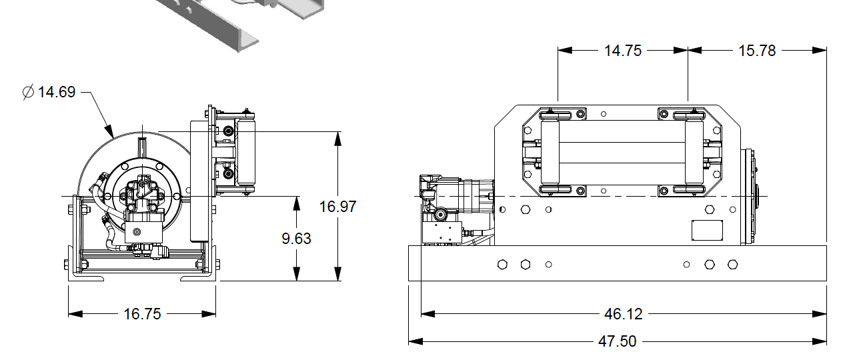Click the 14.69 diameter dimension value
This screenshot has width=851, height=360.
57,92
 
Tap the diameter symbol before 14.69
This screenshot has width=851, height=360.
28,93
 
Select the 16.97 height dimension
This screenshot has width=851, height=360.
338,206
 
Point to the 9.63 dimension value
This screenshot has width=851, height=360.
296,238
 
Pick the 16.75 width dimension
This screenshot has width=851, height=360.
142,314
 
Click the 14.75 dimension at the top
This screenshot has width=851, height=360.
623,50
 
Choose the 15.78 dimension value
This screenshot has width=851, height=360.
757,50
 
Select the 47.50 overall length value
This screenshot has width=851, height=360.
618,341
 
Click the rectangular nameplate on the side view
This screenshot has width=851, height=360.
707,231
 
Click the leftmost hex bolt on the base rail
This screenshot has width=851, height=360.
502,264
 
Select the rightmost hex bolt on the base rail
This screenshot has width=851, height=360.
732,264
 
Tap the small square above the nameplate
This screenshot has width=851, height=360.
710,209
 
